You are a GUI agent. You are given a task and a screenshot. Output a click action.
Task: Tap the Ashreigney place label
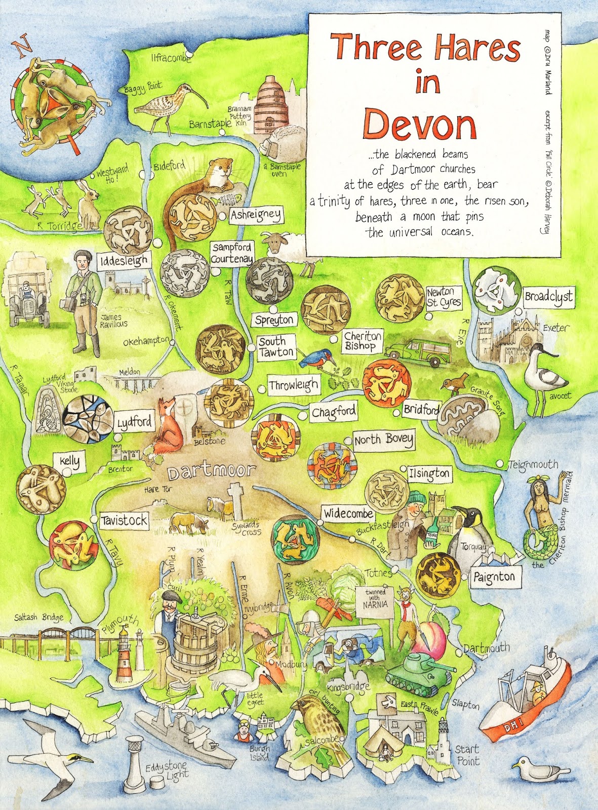pos(256,215)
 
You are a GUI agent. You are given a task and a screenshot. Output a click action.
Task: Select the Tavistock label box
pos(124,520)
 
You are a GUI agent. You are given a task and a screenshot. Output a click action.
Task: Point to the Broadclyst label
pos(549,297)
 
